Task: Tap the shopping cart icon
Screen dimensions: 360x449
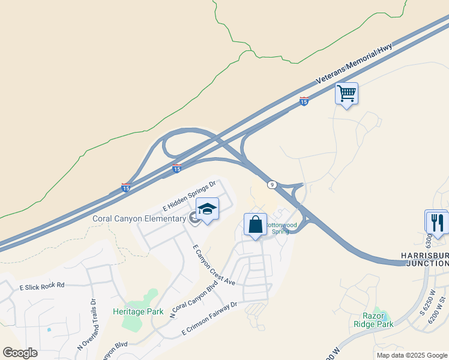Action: [346, 94]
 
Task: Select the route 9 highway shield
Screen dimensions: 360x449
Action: [272, 185]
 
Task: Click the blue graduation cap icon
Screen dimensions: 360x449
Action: [207, 209]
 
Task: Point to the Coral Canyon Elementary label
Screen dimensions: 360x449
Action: [139, 218]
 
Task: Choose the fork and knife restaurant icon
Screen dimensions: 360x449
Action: [436, 222]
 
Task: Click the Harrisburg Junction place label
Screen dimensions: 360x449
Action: [424, 259]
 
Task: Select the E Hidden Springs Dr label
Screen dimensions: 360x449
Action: [189, 196]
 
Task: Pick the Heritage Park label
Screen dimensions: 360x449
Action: [138, 311]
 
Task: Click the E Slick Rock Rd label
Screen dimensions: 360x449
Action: [41, 286]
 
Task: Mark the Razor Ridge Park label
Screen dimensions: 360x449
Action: [378, 320]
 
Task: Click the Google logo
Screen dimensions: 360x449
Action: [20, 353]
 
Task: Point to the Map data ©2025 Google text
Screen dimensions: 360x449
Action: [412, 355]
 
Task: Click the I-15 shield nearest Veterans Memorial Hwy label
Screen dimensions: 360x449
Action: [304, 102]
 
